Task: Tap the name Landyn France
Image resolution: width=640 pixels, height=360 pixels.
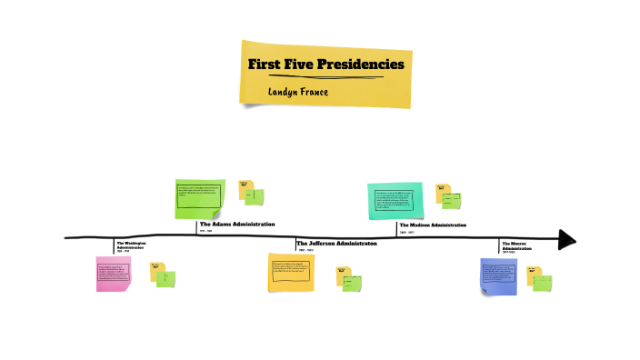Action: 298,92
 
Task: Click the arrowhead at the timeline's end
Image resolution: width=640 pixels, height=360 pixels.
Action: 566,239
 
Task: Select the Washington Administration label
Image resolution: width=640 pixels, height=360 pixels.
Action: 131,246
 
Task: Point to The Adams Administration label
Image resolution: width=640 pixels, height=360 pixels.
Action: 236,224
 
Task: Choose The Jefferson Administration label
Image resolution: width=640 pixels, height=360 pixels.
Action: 336,244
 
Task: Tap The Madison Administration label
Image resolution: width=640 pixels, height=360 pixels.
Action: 432,225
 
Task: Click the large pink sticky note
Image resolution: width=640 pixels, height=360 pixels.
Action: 114,274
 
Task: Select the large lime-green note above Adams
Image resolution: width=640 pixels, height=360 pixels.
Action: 199,198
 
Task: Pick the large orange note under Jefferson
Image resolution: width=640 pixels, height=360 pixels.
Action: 291,272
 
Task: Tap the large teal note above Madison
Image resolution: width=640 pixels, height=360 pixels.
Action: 395,200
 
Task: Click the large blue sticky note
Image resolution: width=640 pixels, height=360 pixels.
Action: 498,275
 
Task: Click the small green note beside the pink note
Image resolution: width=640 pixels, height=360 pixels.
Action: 165,279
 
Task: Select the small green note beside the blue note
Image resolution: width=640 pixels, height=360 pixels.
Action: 543,283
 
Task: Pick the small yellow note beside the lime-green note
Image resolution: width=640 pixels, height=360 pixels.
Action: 245,187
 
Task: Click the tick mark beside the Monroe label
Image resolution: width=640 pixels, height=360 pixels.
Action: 499,245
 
